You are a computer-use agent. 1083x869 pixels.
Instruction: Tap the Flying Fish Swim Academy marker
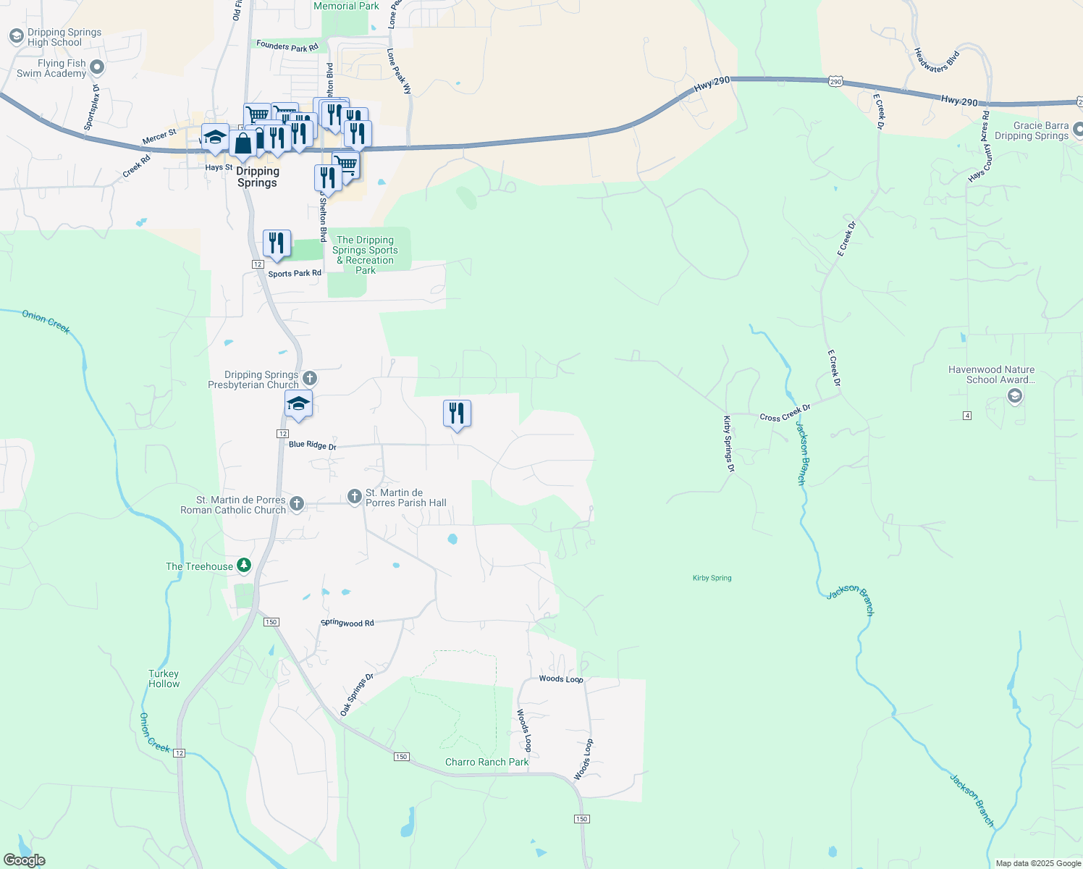coord(97,68)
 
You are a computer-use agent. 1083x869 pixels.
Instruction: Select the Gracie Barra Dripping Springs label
coord(1031,131)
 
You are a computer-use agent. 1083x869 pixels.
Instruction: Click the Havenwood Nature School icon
coord(1014,395)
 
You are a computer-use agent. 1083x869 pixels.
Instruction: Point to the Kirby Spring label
coord(712,578)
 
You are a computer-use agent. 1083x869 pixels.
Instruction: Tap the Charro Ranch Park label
coord(486,762)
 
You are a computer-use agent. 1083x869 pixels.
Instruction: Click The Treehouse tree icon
coord(245,566)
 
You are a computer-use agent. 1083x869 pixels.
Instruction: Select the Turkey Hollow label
coord(164,679)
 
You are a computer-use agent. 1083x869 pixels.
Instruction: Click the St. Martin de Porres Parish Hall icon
coord(354,496)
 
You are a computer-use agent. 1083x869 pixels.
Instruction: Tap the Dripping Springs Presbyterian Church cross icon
coord(309,378)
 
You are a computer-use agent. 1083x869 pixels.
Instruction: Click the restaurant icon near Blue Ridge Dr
coord(457,413)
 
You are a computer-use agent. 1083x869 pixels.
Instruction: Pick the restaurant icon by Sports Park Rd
coord(277,243)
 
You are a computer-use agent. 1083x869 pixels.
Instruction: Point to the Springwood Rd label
coord(347,623)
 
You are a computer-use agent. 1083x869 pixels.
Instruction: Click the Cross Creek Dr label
coord(785,413)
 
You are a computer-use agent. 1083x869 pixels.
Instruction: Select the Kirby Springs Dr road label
coord(728,444)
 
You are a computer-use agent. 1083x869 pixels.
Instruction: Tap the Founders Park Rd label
coord(287,46)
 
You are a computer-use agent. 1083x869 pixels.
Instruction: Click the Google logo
coord(24,860)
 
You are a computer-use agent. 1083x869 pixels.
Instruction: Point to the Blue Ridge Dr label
coord(313,445)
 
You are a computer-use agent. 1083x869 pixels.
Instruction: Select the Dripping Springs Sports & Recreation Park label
coord(366,255)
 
